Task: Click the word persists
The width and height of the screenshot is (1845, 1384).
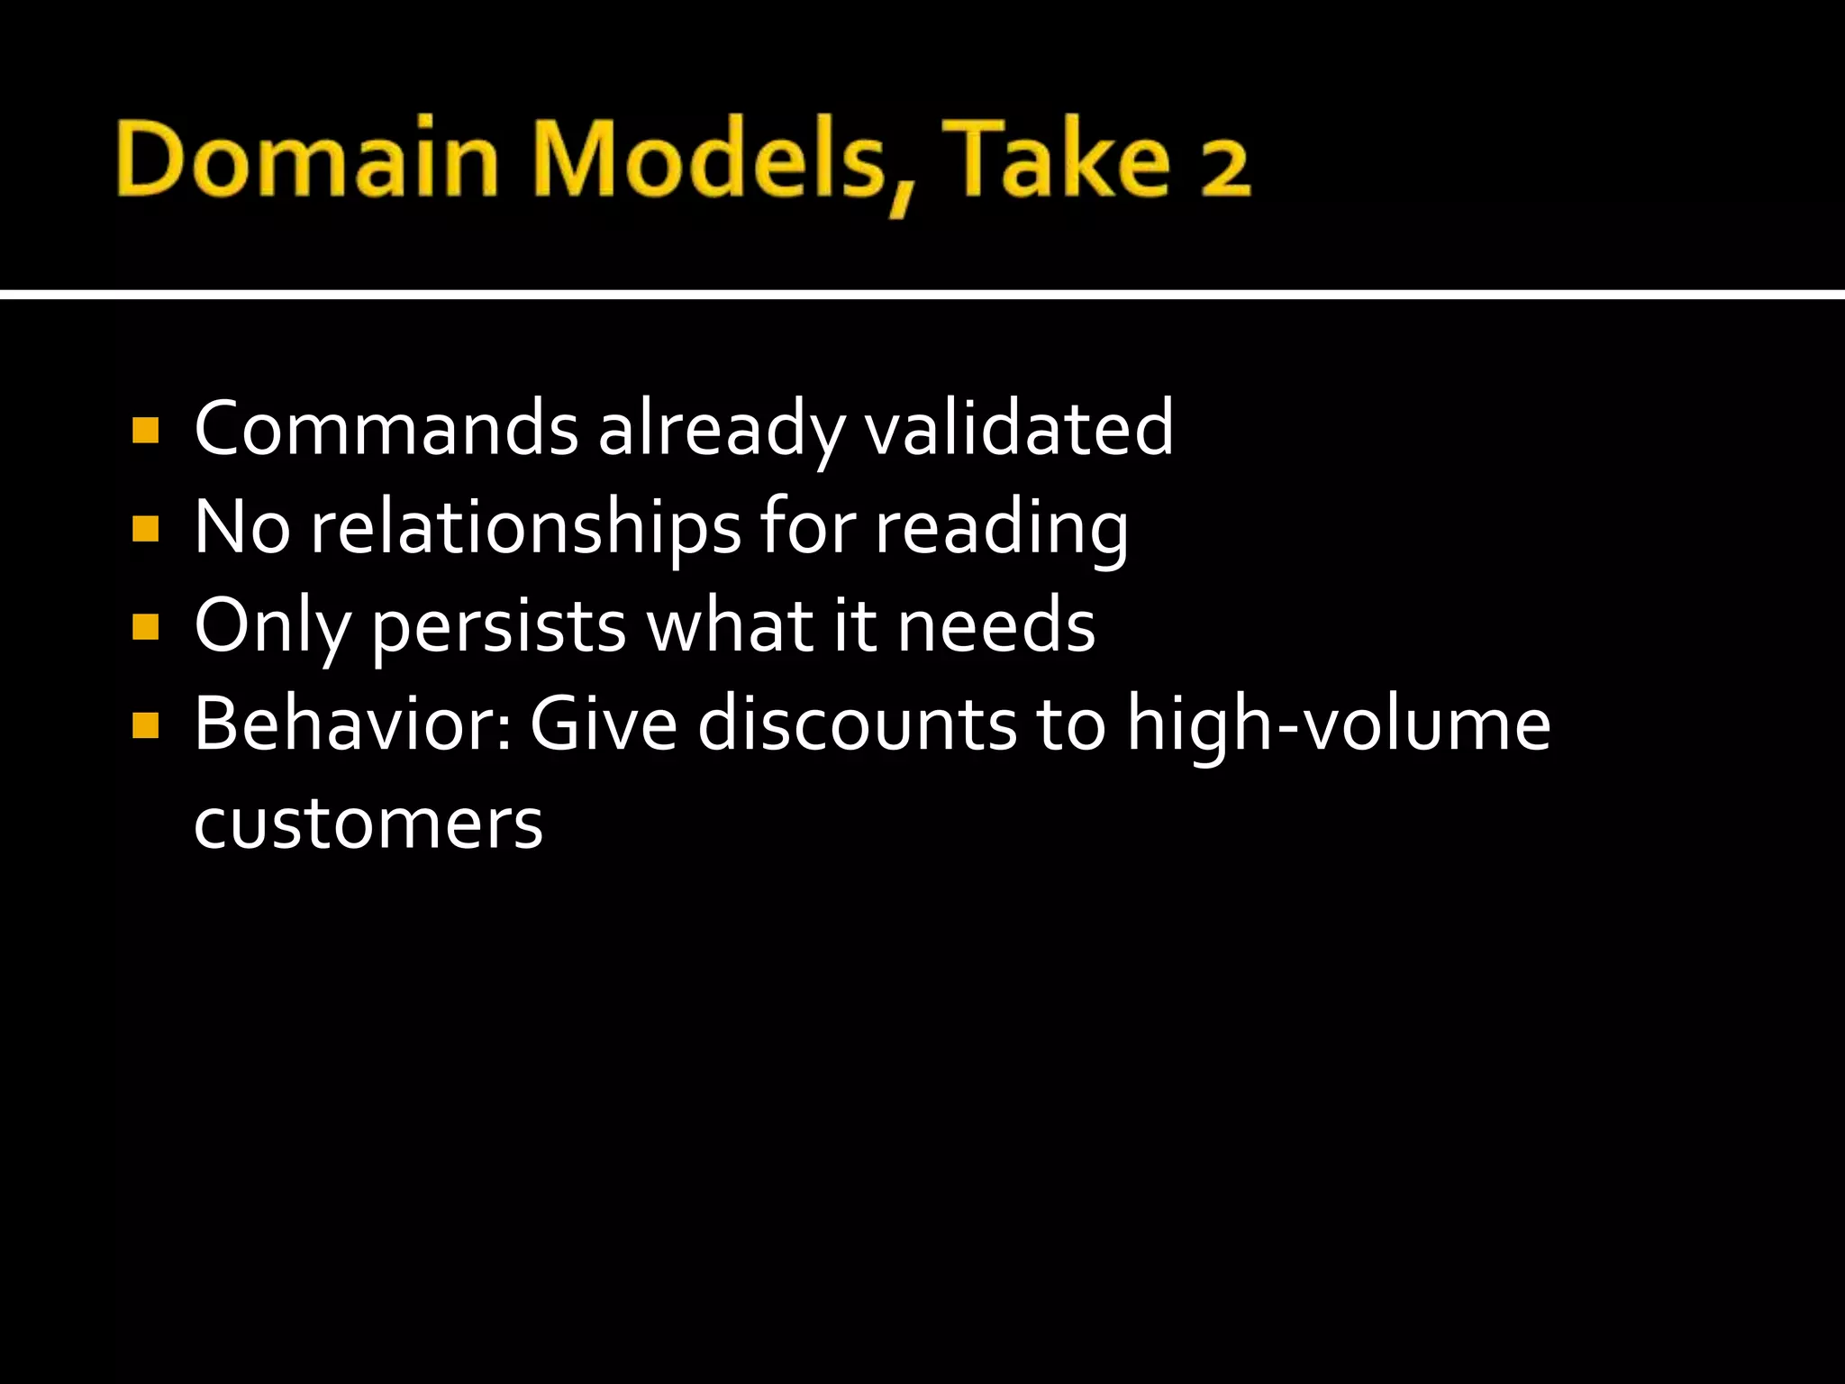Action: (499, 627)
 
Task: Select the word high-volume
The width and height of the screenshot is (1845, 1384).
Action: (1339, 724)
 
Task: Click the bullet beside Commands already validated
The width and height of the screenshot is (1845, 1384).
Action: (145, 431)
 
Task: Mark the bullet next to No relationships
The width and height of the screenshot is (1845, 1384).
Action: (145, 529)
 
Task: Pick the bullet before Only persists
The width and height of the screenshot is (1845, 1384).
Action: (145, 627)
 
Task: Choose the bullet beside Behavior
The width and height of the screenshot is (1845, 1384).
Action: (145, 725)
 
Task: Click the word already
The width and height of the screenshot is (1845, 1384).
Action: (721, 431)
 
